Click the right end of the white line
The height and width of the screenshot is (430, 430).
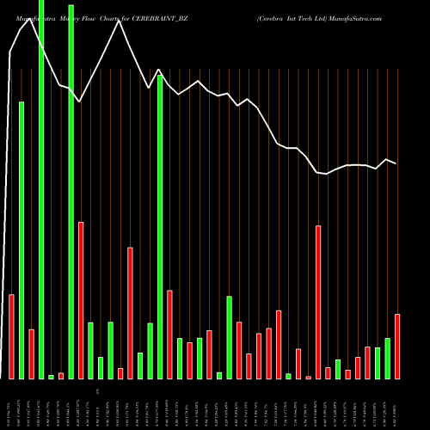[396, 163]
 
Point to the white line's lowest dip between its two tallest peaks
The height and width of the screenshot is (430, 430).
[80, 101]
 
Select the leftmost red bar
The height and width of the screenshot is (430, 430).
[11, 336]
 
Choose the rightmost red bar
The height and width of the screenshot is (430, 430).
[397, 346]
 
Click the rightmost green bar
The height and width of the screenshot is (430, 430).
[387, 358]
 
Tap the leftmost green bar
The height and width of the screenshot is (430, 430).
[21, 240]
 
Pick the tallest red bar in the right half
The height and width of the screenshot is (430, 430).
[318, 302]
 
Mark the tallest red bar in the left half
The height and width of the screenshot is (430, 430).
[81, 300]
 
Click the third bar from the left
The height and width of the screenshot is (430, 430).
[31, 353]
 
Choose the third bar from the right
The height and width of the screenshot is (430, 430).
[378, 363]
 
